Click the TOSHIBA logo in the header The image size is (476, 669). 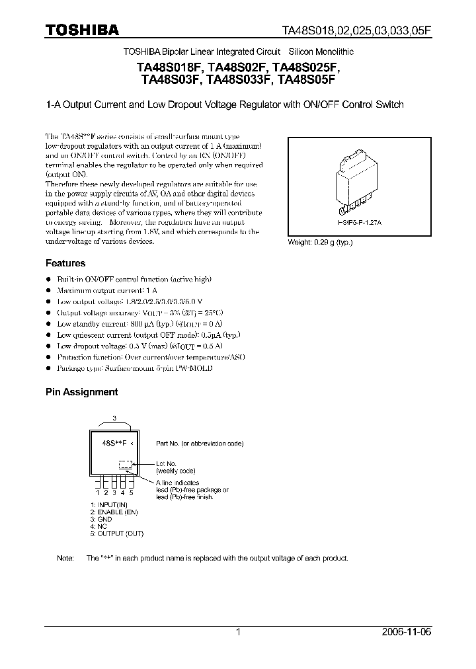click(x=82, y=30)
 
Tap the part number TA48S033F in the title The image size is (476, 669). click(x=240, y=81)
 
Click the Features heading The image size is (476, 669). click(x=65, y=263)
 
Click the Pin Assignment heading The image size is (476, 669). click(x=81, y=391)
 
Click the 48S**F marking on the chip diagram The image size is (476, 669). click(x=114, y=444)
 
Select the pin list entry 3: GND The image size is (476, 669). click(x=102, y=519)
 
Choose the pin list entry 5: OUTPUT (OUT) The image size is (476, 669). click(x=116, y=533)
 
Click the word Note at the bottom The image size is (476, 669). click(x=65, y=558)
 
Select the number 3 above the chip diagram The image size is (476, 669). click(x=114, y=418)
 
